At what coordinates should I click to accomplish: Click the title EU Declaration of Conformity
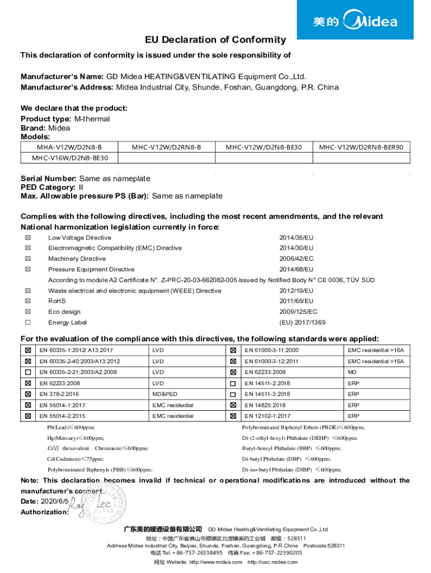tap(215, 40)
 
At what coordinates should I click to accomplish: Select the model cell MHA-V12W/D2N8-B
tap(69, 147)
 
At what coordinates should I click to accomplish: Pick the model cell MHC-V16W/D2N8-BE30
tap(69, 158)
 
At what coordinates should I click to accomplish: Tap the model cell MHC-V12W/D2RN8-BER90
tap(364, 147)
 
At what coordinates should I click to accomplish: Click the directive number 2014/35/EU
tap(296, 238)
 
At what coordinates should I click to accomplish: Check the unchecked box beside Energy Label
tap(27, 322)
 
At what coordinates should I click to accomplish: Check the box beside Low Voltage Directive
tap(27, 238)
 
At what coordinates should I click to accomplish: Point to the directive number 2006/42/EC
tap(296, 259)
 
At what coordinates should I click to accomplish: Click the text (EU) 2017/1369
tap(302, 322)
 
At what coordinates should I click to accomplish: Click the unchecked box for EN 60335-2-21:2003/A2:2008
tap(27, 372)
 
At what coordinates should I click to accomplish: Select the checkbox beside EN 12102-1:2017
tap(233, 416)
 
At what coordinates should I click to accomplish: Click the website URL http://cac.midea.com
tap(273, 562)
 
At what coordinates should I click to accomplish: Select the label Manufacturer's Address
tap(67, 87)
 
